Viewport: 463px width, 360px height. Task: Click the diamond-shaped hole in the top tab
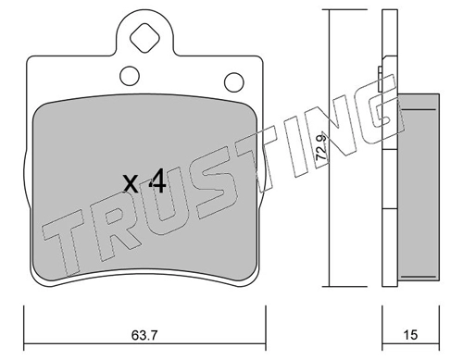[144, 38]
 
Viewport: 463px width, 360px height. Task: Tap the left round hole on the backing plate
[130, 76]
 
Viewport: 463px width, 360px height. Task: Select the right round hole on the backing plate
[234, 82]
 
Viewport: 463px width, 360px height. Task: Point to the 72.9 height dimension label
[321, 147]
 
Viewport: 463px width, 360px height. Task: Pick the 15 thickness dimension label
[410, 335]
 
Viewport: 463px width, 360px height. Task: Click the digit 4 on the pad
[157, 182]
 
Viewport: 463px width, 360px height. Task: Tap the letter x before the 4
[131, 184]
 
